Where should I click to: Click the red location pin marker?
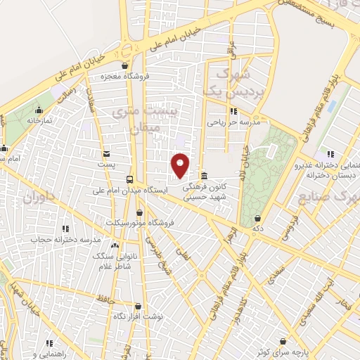[181, 165]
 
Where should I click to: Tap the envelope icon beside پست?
[106, 153]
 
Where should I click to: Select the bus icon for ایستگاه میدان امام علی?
[129, 179]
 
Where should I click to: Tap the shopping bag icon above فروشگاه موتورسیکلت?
[139, 212]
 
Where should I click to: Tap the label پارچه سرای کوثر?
[281, 351]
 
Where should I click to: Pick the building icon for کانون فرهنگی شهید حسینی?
[204, 176]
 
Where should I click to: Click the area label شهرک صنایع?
[335, 199]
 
